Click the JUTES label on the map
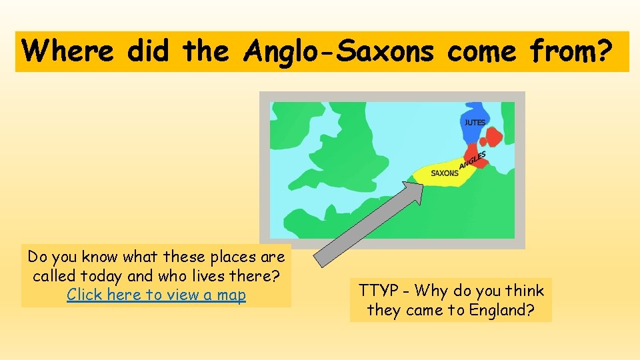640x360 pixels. (x=475, y=123)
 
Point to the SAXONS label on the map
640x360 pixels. (x=445, y=173)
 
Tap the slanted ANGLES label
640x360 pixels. (x=473, y=160)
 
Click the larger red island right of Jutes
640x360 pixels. (x=493, y=137)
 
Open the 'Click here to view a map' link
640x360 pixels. (x=156, y=295)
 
